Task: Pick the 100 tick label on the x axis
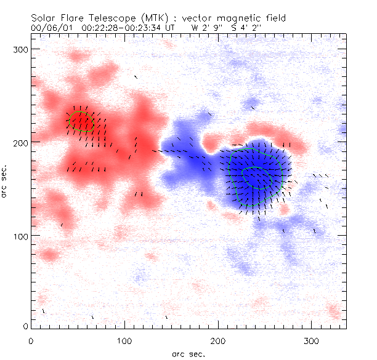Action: point(125,340)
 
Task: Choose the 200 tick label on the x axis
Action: point(219,340)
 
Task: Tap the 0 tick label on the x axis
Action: point(31,340)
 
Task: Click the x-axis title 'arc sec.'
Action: point(188,354)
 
